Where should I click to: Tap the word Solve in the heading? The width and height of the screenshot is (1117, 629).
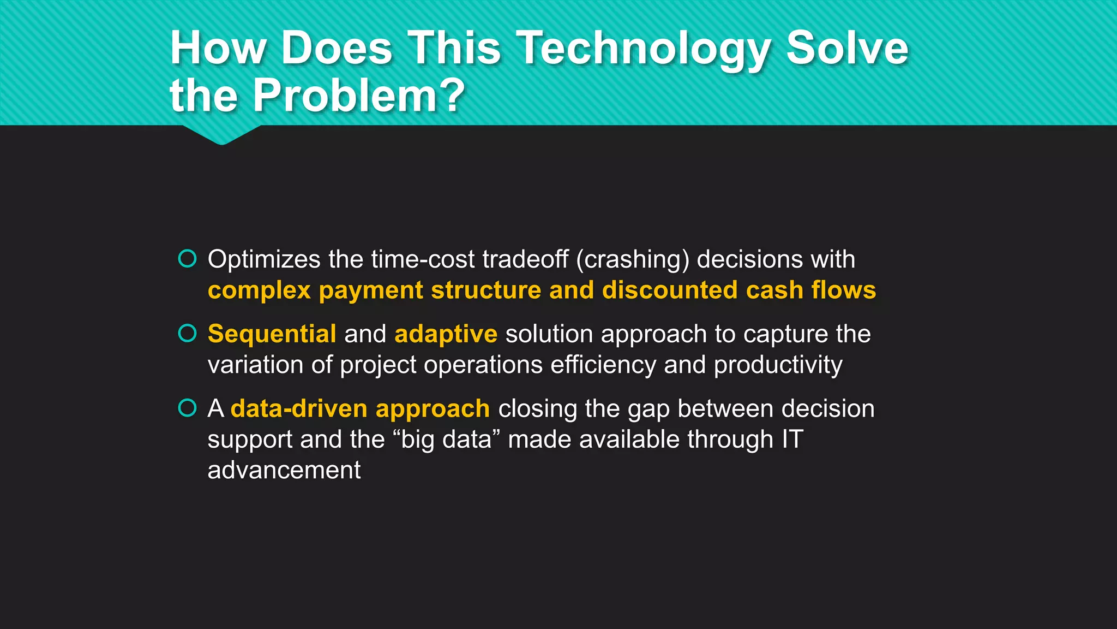pos(847,48)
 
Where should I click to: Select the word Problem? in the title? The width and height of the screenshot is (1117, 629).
pos(358,96)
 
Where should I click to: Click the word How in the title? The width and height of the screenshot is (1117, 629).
pos(218,48)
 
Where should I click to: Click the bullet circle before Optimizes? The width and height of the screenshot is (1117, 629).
pos(187,259)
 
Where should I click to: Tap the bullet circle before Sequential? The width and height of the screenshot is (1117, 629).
pos(187,333)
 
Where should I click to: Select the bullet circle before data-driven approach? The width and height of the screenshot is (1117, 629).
pos(187,408)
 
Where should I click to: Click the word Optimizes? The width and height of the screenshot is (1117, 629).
pos(263,260)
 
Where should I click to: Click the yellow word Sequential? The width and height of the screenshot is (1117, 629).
pos(272,334)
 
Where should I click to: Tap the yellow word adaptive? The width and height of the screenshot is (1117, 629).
pos(446,334)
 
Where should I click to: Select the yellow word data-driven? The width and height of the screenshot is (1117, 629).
pos(299,408)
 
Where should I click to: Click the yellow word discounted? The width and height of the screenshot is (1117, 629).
pos(669,290)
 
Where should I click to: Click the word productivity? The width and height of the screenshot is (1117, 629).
pos(778,365)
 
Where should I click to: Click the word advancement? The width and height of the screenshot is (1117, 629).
pos(284,470)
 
